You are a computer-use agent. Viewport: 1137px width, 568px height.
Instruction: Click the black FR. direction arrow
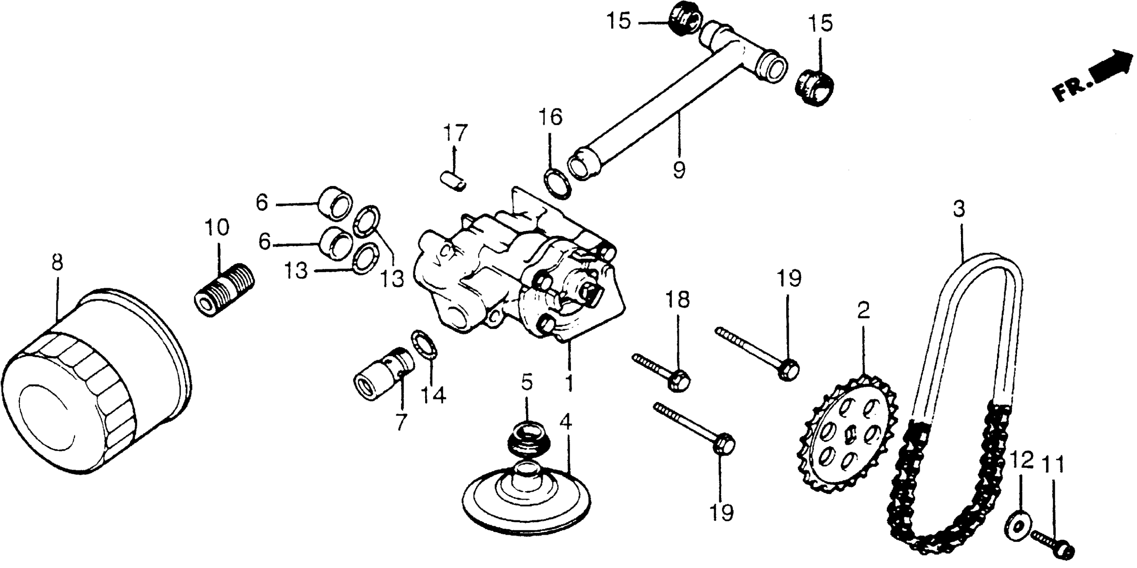[x=1108, y=71]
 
